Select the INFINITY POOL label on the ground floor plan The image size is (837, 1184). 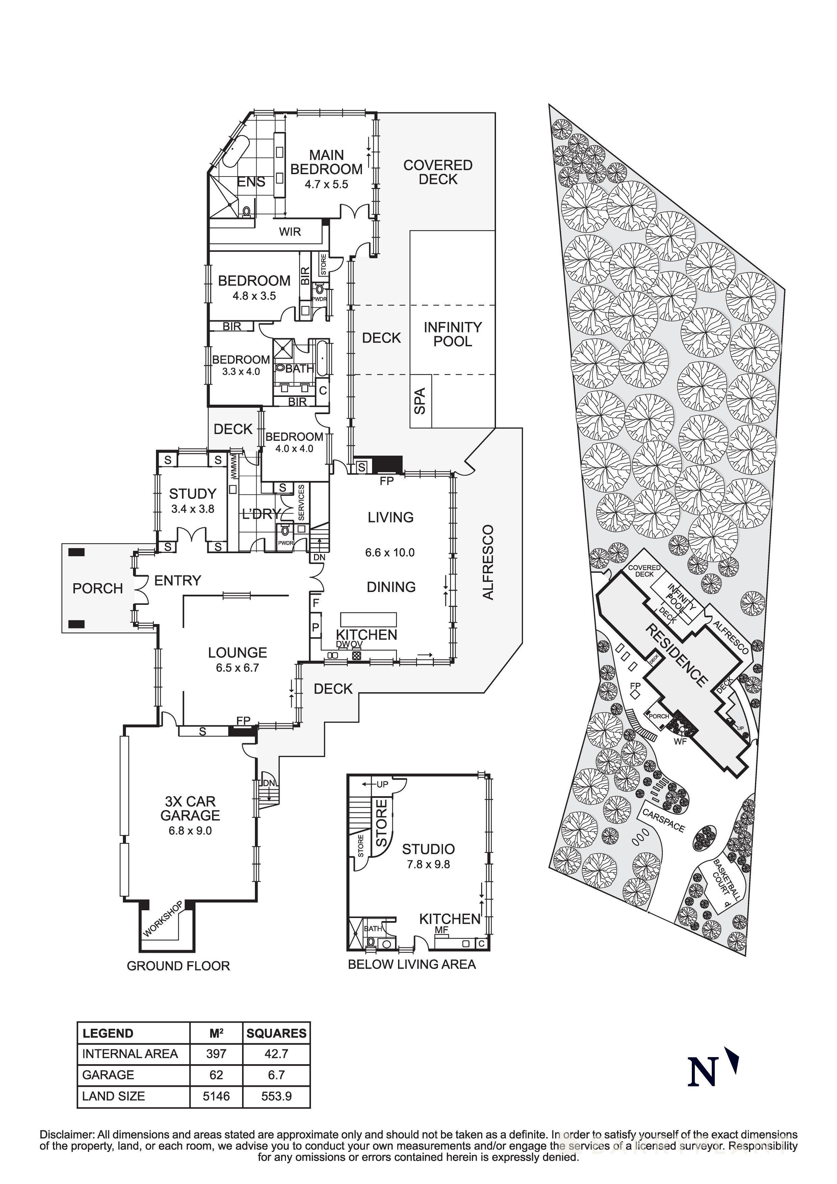point(452,334)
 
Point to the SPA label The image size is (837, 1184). point(420,401)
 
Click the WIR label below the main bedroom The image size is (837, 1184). point(290,232)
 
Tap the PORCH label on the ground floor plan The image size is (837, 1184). point(98,588)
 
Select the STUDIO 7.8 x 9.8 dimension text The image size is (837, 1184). point(428,864)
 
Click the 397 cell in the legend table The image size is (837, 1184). point(216,1053)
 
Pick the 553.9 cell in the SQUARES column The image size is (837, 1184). point(277,1096)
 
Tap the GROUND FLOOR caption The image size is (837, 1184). point(178,966)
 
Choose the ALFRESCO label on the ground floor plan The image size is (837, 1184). point(488,562)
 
